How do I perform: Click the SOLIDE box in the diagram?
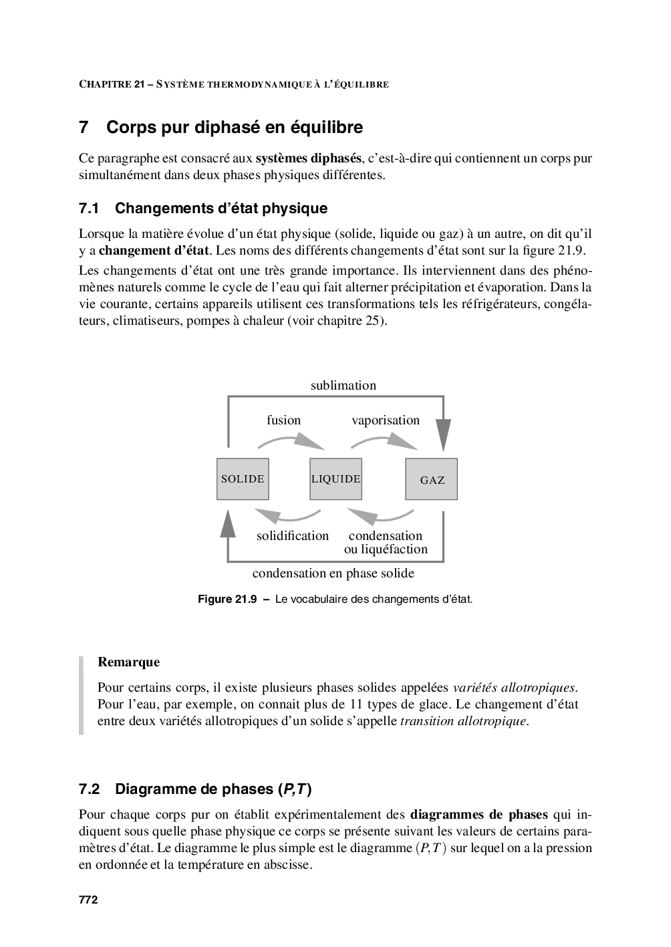click(x=243, y=479)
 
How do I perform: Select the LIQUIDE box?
click(x=335, y=479)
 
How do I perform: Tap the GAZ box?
click(x=432, y=480)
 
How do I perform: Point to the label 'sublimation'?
click(x=343, y=386)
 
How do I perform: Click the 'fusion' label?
click(x=283, y=420)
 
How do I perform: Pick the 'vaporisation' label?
click(x=386, y=420)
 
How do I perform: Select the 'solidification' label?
click(x=293, y=536)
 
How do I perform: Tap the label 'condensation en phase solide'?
click(x=333, y=573)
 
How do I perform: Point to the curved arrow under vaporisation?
click(x=384, y=442)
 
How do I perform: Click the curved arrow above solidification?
click(x=288, y=515)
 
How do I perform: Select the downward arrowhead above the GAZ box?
click(x=443, y=434)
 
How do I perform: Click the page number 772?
click(x=88, y=900)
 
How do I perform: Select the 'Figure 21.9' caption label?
click(x=227, y=599)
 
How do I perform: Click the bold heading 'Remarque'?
click(x=129, y=662)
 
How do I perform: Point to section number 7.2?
click(x=89, y=789)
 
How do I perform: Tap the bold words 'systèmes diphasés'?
click(x=308, y=158)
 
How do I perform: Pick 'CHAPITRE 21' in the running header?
click(x=112, y=85)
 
